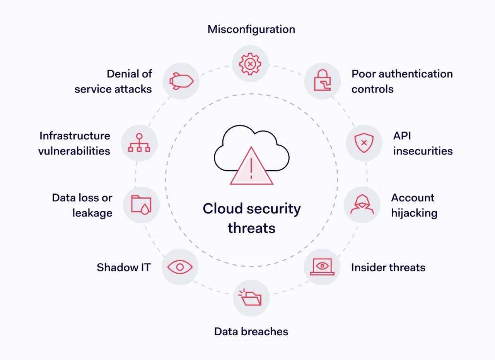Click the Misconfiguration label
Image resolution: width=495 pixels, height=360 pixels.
(251, 29)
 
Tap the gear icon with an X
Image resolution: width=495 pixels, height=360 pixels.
(250, 63)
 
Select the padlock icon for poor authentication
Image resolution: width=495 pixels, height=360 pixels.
(322, 81)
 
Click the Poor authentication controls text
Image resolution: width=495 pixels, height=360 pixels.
(402, 81)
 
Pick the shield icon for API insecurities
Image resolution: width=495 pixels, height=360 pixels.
(364, 143)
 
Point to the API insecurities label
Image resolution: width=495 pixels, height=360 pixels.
(423, 143)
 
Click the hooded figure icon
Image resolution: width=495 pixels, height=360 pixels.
(362, 204)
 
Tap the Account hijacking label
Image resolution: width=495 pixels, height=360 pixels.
(414, 205)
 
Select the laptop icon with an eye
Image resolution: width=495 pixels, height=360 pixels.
(322, 267)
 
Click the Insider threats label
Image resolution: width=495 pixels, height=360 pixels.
(388, 267)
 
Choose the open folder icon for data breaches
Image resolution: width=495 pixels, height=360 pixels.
(251, 298)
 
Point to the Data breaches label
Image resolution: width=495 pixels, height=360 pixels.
(251, 332)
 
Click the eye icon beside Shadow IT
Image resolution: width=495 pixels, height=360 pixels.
(180, 267)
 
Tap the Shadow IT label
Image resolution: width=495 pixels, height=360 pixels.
(123, 267)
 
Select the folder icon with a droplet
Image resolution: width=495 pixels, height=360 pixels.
(141, 204)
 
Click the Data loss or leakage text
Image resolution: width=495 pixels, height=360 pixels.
(82, 205)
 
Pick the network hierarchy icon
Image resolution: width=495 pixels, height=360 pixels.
(139, 143)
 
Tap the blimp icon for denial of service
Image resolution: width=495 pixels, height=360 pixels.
(181, 81)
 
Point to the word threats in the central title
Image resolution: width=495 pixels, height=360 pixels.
(251, 228)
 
